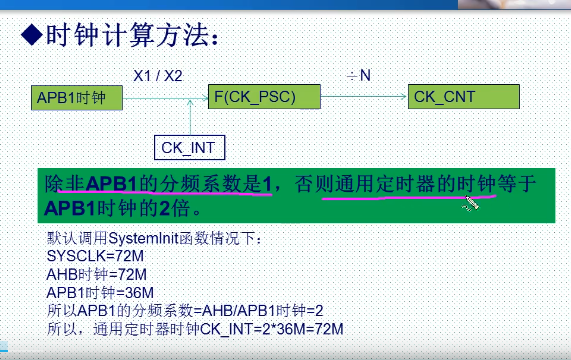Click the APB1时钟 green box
pyautogui.click(x=77, y=97)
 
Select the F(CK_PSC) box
pyautogui.click(x=264, y=97)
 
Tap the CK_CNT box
pyautogui.click(x=464, y=97)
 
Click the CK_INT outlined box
pyautogui.click(x=189, y=147)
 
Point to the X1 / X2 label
pyautogui.click(x=158, y=76)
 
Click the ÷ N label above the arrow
pyautogui.click(x=359, y=76)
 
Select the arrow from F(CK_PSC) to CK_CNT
pyautogui.click(x=363, y=97)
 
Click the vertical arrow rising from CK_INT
pyautogui.click(x=190, y=117)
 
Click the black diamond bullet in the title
pyautogui.click(x=31, y=36)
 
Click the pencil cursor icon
pyautogui.click(x=472, y=203)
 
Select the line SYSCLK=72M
pyautogui.click(x=95, y=256)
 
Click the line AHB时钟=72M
pyautogui.click(x=96, y=274)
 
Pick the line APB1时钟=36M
pyautogui.click(x=100, y=292)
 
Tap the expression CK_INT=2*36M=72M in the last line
pyautogui.click(x=272, y=329)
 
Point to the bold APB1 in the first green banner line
pyautogui.click(x=112, y=184)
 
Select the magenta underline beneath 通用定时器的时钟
pyautogui.click(x=407, y=197)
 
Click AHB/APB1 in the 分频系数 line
pyautogui.click(x=239, y=311)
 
